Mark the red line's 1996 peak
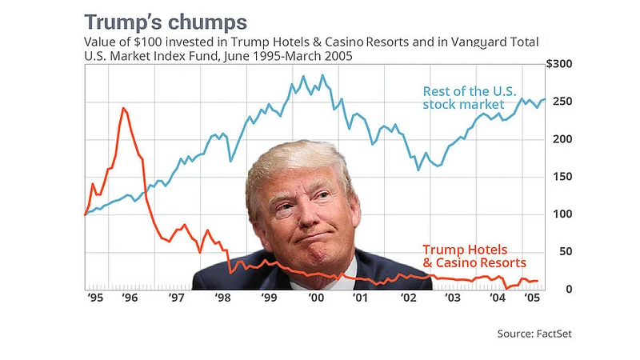coord(123,108)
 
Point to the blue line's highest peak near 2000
coord(322,76)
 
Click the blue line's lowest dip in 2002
coord(418,170)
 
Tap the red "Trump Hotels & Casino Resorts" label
coord(474,256)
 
